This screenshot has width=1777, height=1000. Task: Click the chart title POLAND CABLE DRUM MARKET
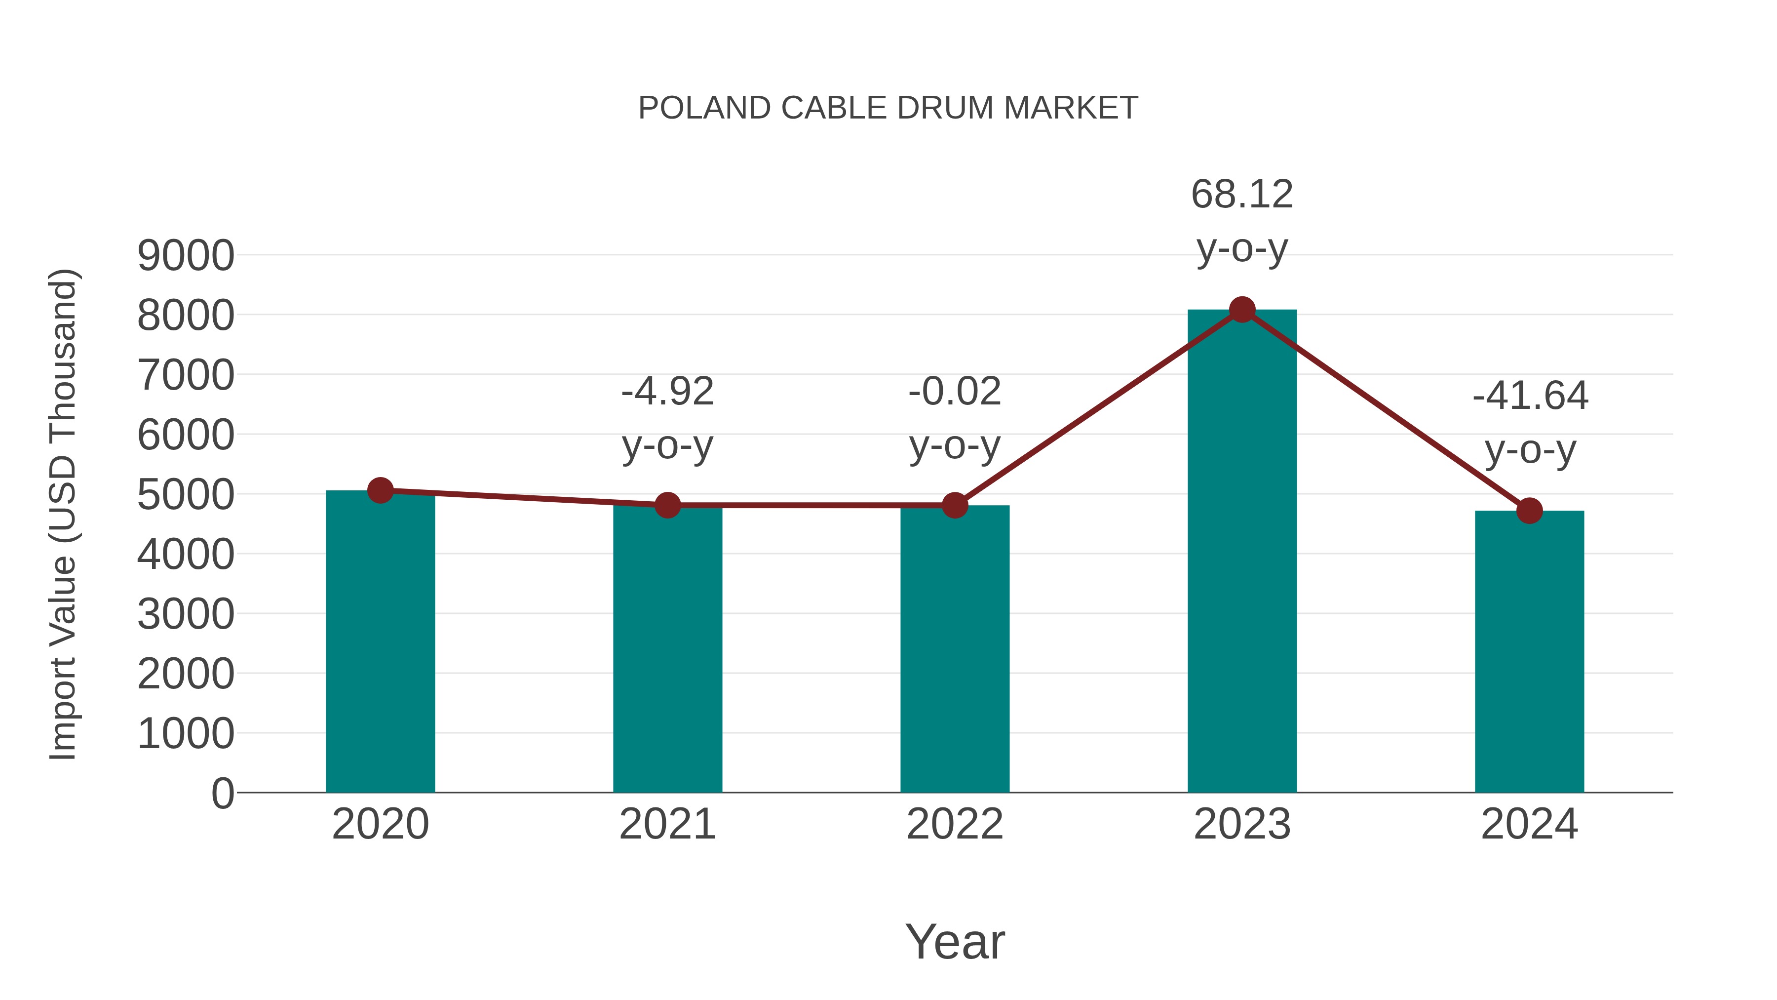pos(888,108)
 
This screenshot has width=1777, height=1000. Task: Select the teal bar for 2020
pos(380,642)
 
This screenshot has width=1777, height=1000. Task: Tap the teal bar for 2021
pos(667,649)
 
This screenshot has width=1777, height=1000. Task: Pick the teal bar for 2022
pos(955,649)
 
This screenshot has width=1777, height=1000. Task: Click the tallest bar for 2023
pos(1242,552)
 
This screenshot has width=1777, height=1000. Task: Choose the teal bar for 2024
pos(1529,652)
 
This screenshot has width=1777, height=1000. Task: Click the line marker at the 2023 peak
pos(1242,310)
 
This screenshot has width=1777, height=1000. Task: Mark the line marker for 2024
pos(1529,511)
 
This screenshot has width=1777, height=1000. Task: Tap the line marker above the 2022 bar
pos(955,505)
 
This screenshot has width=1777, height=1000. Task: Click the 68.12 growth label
pos(1242,195)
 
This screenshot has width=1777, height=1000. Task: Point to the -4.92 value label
pos(667,392)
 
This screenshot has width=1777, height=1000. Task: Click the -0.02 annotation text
pos(955,392)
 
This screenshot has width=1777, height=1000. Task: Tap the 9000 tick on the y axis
pos(186,255)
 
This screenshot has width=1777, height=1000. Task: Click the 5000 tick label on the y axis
pos(186,495)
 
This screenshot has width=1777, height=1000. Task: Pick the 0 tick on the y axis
pos(222,793)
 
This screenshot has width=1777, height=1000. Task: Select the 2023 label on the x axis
pos(1242,824)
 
